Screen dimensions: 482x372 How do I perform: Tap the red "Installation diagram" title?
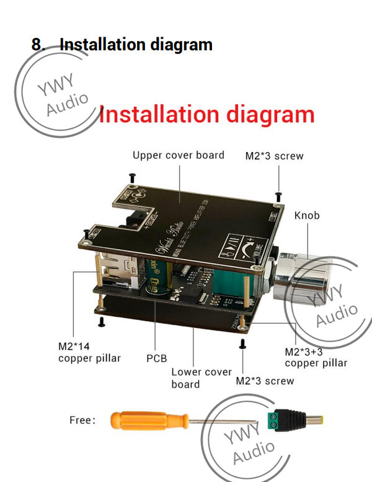tap(207, 115)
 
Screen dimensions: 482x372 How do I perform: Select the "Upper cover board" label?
tap(179, 155)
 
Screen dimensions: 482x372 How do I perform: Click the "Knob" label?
tap(307, 215)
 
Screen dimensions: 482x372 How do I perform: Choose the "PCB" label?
tap(156, 358)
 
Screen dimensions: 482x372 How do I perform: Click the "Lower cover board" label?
tap(201, 378)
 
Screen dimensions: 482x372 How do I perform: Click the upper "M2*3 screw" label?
tap(274, 156)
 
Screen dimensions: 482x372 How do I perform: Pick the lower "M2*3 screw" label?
tap(265, 380)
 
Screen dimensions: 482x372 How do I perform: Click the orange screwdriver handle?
tap(149, 421)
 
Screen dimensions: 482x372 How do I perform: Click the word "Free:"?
tap(82, 421)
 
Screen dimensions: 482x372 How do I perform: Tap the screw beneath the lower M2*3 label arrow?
tap(243, 342)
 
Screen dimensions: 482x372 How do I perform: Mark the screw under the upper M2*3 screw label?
tap(279, 196)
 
